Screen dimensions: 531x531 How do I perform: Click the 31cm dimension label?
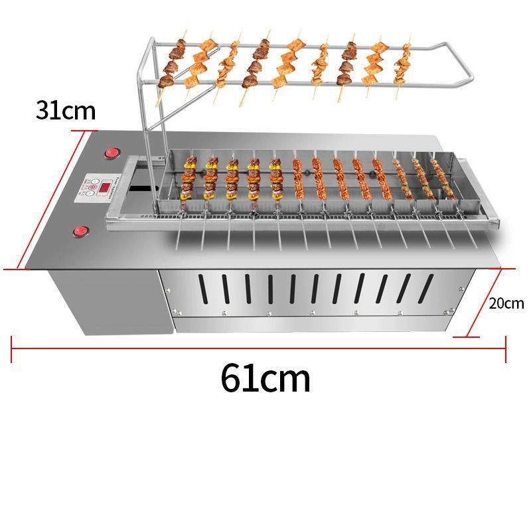click(66, 110)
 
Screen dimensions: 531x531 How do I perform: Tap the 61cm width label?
click(265, 378)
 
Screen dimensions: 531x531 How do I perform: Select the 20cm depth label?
click(506, 303)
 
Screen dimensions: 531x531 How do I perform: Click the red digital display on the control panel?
click(105, 189)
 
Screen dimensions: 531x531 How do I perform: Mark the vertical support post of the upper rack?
click(141, 119)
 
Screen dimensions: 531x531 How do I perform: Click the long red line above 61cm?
click(259, 348)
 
